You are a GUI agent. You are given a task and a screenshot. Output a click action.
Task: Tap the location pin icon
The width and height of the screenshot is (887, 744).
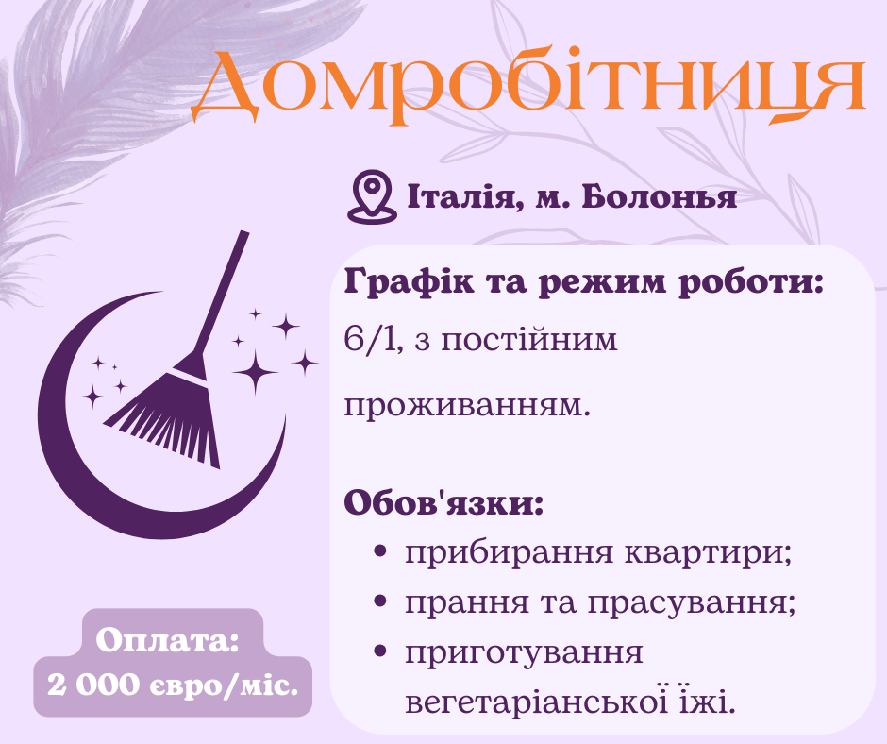coord(370,196)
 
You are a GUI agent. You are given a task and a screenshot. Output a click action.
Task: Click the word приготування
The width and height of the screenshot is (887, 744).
coord(524,652)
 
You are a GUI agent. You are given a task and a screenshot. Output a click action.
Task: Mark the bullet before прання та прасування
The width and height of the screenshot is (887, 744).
coord(380,600)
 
